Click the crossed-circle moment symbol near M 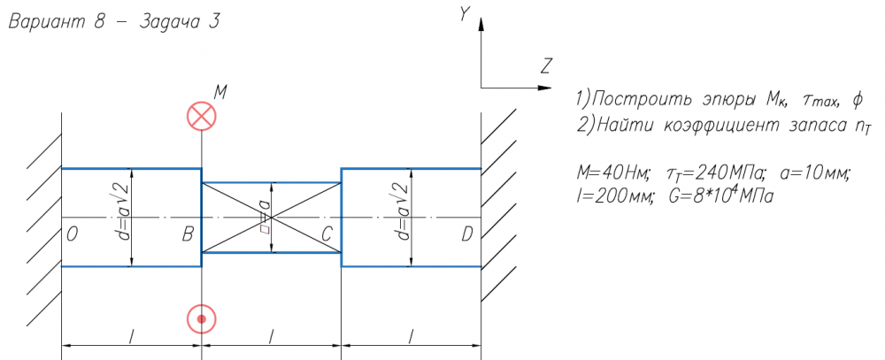pyautogui.click(x=202, y=116)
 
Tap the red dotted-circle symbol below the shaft pyautogui.click(x=202, y=318)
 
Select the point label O pyautogui.click(x=72, y=234)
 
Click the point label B pyautogui.click(x=189, y=234)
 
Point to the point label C pyautogui.click(x=327, y=234)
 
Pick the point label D pyautogui.click(x=466, y=234)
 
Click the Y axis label pyautogui.click(x=464, y=14)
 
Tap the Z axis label pyautogui.click(x=545, y=66)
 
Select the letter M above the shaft pyautogui.click(x=220, y=92)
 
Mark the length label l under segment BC pyautogui.click(x=272, y=336)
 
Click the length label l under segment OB pyautogui.click(x=132, y=336)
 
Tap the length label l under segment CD pyautogui.click(x=411, y=336)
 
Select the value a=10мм pyautogui.click(x=811, y=173)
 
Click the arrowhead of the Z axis pyautogui.click(x=545, y=88)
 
